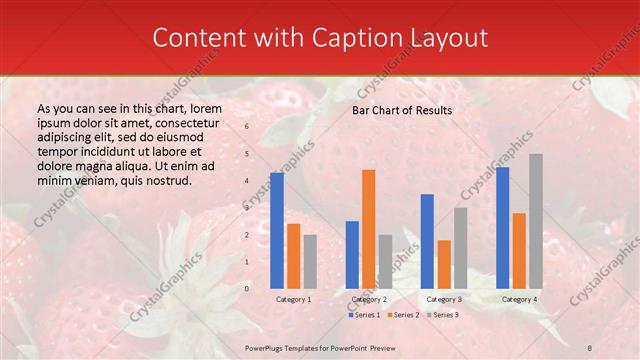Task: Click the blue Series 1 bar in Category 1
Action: pos(277,231)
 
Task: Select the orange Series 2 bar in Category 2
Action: pos(368,229)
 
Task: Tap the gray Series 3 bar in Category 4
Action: pos(536,221)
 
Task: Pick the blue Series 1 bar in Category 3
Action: pos(427,241)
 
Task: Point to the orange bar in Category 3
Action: pos(444,264)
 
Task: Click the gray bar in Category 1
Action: pos(310,262)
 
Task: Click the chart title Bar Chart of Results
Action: pos(402,110)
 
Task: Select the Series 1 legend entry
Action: pos(364,315)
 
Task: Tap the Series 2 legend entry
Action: pos(403,315)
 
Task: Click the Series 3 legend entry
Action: pos(443,315)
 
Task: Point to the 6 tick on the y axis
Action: pos(247,127)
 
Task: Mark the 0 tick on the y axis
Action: pos(247,289)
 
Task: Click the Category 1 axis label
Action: pos(293,299)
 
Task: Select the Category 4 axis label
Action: pos(519,299)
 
